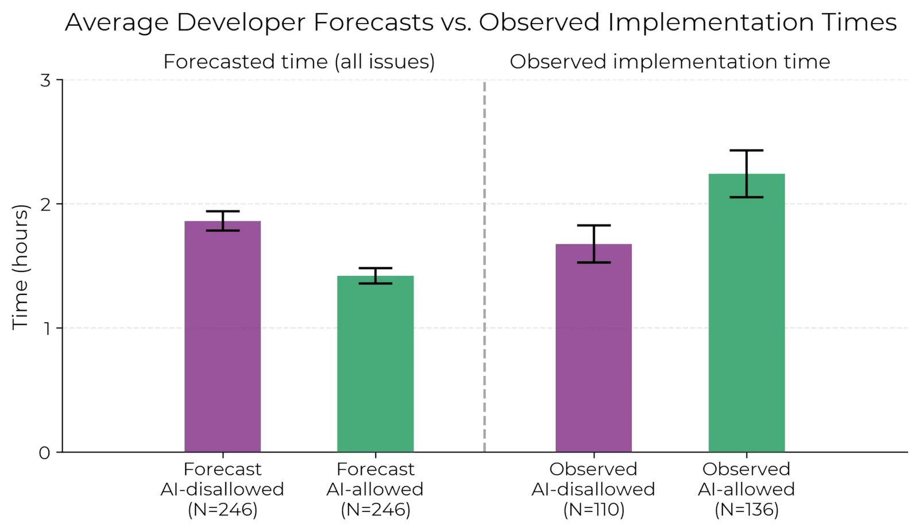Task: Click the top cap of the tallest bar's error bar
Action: point(746,150)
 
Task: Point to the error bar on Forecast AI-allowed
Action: point(375,276)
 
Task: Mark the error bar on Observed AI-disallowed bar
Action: point(593,244)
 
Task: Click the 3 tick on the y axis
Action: point(45,80)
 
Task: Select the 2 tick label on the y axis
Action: point(45,204)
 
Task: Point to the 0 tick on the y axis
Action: point(45,453)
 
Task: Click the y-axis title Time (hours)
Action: point(20,266)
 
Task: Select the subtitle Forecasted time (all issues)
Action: point(299,61)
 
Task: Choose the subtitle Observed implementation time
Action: point(670,61)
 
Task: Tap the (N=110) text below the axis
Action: point(593,510)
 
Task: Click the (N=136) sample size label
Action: point(746,510)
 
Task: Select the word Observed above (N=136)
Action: point(746,469)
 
